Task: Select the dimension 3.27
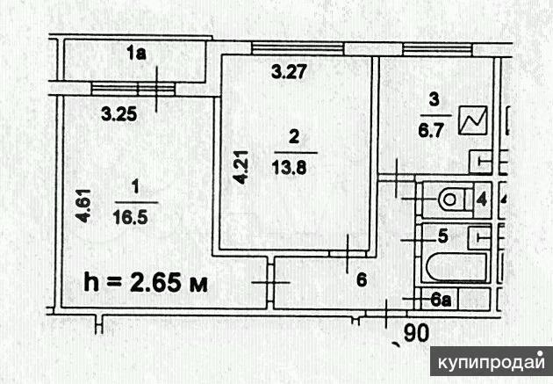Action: coord(287,75)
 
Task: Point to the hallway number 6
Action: coord(360,280)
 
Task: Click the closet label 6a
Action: coord(444,301)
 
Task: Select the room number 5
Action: coord(443,235)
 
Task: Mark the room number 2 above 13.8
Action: coord(293,135)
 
